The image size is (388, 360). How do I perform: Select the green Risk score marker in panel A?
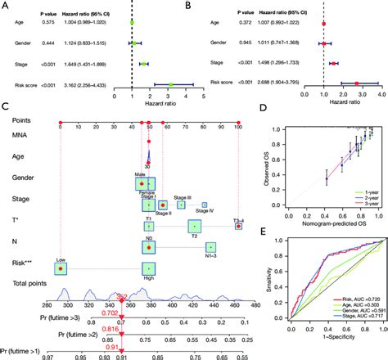[x=170, y=83]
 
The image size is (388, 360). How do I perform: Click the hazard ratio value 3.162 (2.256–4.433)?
[x=91, y=83]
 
